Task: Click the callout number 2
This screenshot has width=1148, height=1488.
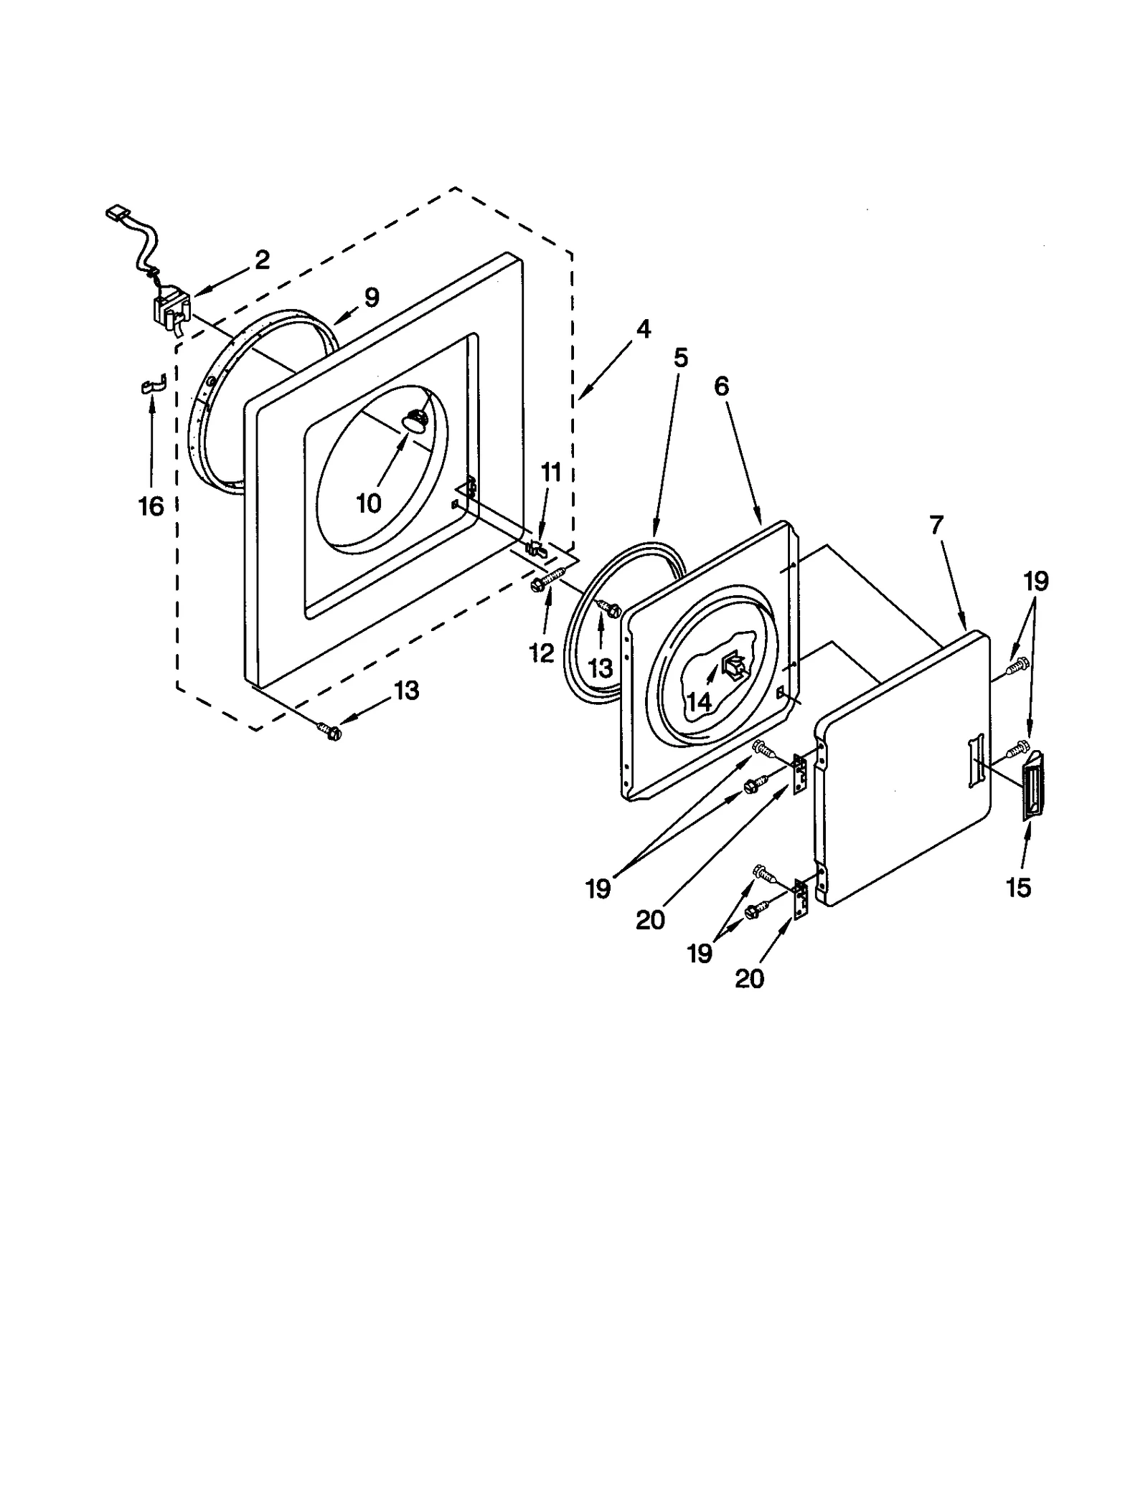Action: tap(262, 260)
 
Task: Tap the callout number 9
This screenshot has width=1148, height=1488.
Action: tap(371, 297)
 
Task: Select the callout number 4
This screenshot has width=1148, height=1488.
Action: tap(643, 329)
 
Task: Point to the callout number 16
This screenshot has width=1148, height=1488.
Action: tap(151, 506)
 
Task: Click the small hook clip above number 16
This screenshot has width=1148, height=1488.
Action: tap(151, 385)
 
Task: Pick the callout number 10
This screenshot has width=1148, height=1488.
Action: tap(369, 503)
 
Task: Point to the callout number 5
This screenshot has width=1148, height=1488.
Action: tap(680, 357)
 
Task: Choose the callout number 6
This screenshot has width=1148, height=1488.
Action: tap(722, 386)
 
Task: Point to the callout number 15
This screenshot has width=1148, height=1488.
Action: tap(1019, 888)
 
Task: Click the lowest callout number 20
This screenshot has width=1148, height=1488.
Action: tap(749, 978)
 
